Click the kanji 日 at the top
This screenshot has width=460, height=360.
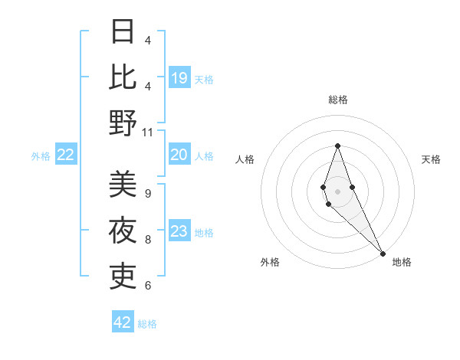coord(123,31)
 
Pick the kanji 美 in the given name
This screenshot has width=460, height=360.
coord(123,185)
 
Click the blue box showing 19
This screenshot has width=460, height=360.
coord(179,77)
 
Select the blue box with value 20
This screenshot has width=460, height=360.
coord(179,155)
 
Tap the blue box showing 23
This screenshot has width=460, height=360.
coord(179,231)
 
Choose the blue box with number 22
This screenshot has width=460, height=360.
coord(65,155)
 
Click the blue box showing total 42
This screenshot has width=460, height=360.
coord(123,322)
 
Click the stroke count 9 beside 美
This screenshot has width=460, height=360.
coord(147,193)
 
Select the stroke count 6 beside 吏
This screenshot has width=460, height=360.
coord(147,285)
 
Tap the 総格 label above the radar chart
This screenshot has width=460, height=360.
coord(337,100)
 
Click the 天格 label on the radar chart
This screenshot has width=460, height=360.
coord(431,159)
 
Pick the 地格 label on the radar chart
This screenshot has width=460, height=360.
coord(402,262)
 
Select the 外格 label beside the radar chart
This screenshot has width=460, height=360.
coord(270,262)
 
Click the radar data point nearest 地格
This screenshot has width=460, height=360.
coord(383,253)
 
